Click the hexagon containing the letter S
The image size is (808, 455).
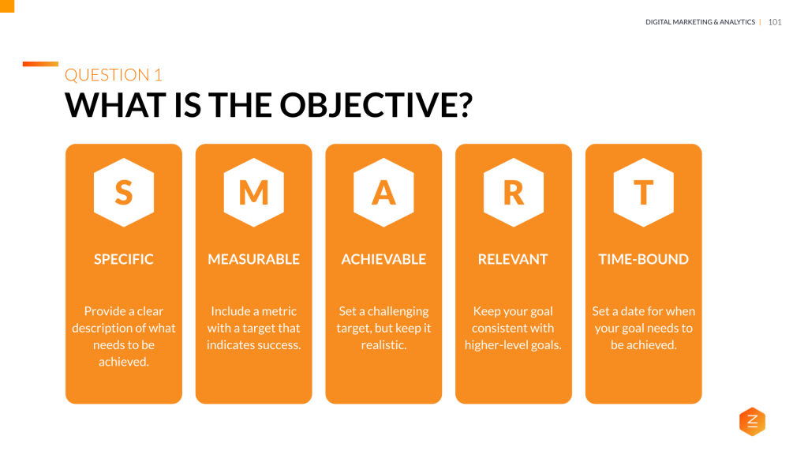(x=124, y=193)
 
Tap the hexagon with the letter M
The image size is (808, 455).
(x=253, y=193)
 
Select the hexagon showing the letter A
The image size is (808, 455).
(x=383, y=193)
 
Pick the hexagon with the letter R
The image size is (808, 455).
(x=514, y=193)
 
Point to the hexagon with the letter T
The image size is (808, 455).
(x=643, y=193)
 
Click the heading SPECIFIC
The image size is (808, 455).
(x=124, y=259)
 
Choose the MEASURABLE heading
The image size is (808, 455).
(x=253, y=259)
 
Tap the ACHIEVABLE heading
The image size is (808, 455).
(x=383, y=259)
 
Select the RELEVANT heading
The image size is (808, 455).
(x=513, y=259)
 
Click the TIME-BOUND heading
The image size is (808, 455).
(x=643, y=259)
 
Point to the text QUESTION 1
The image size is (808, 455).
(x=113, y=75)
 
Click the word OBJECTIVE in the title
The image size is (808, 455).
(x=372, y=105)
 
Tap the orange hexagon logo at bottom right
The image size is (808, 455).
(x=752, y=422)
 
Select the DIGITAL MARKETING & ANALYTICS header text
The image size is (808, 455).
(x=700, y=22)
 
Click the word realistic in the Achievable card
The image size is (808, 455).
(x=383, y=345)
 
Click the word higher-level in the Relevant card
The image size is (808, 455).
(x=496, y=345)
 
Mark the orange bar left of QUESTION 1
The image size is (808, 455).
(x=40, y=64)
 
